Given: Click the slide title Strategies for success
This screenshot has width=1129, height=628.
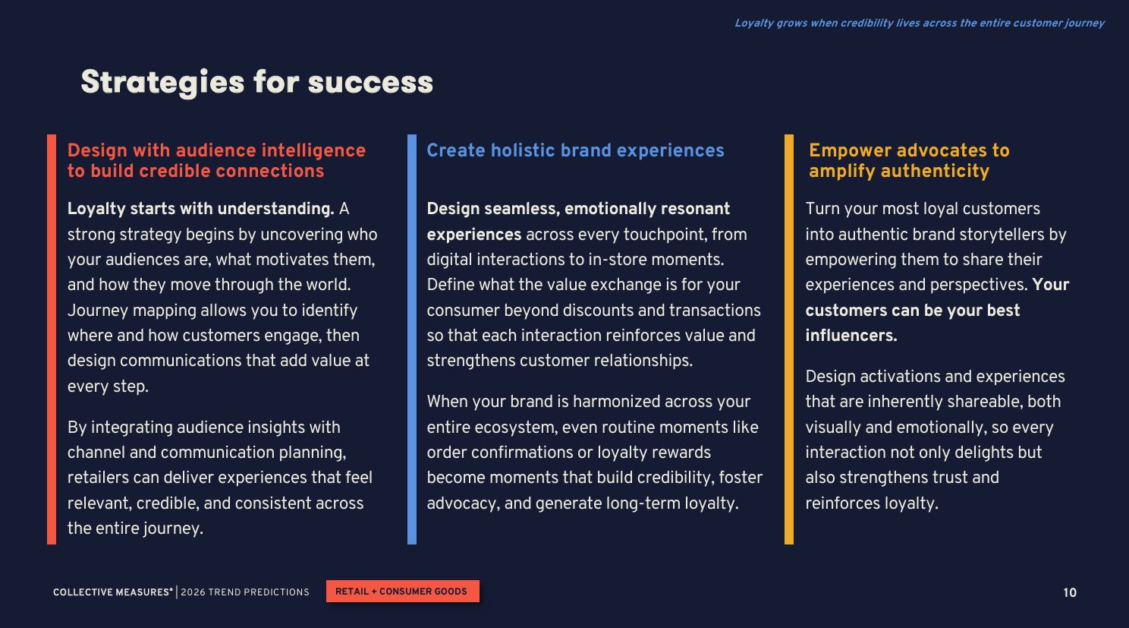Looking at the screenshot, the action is click(257, 82).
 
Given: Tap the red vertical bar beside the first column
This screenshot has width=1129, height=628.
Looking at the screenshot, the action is click(52, 339).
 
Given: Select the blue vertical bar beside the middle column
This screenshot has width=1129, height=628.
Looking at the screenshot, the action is click(412, 339).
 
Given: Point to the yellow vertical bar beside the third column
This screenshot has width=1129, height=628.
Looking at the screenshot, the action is click(789, 339).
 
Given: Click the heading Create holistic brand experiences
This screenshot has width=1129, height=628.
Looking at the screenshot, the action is click(575, 150).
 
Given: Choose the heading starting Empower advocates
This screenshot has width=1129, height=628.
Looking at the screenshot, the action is click(909, 160).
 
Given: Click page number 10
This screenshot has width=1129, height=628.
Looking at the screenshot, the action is click(1070, 593).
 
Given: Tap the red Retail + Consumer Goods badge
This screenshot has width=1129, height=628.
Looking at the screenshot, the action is click(402, 592).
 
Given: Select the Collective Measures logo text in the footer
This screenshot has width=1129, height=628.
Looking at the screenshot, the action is click(113, 592).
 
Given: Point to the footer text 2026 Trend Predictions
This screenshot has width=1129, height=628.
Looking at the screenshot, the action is click(245, 592).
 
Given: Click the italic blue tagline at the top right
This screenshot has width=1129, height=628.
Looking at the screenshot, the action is click(920, 24).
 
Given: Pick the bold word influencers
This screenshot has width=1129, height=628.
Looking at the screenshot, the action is click(851, 336).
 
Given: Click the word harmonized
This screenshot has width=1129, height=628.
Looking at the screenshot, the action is click(616, 402).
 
